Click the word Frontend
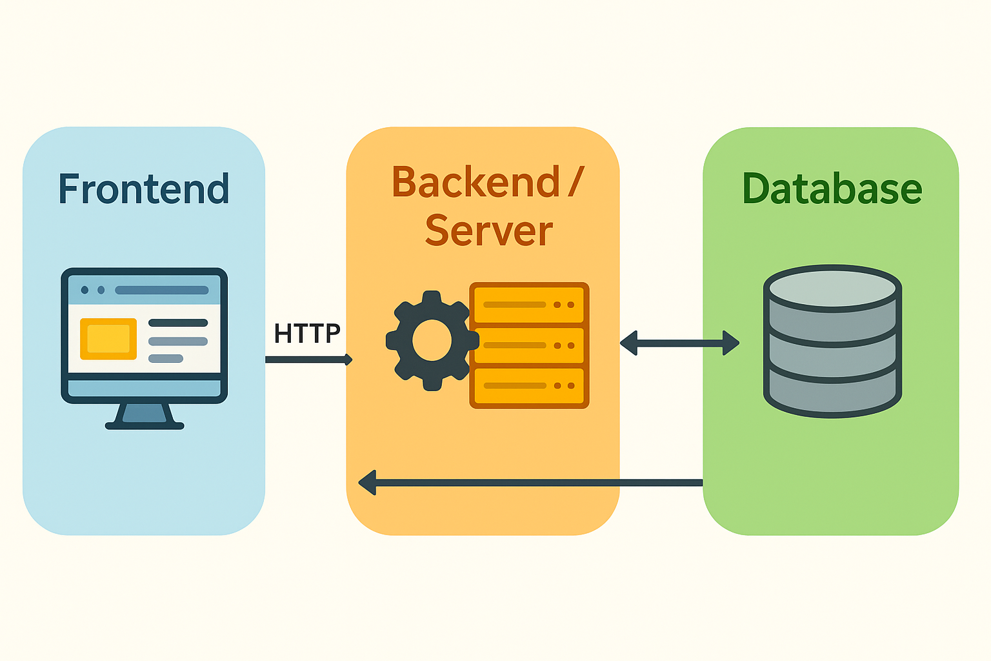(x=143, y=189)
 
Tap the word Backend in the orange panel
(x=475, y=183)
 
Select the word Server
(x=488, y=231)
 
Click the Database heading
(x=832, y=189)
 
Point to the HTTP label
(x=306, y=334)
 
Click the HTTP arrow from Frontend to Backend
(x=308, y=360)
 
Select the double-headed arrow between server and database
(x=679, y=343)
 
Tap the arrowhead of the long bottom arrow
(x=367, y=482)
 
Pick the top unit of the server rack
(x=529, y=304)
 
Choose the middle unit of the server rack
(x=529, y=345)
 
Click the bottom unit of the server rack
(x=529, y=386)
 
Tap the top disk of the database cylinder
(x=832, y=288)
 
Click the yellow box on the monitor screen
(x=108, y=339)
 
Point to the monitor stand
(x=145, y=416)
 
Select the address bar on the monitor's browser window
(x=161, y=290)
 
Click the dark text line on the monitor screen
(x=178, y=323)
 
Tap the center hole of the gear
(x=431, y=341)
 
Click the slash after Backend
(x=576, y=183)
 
